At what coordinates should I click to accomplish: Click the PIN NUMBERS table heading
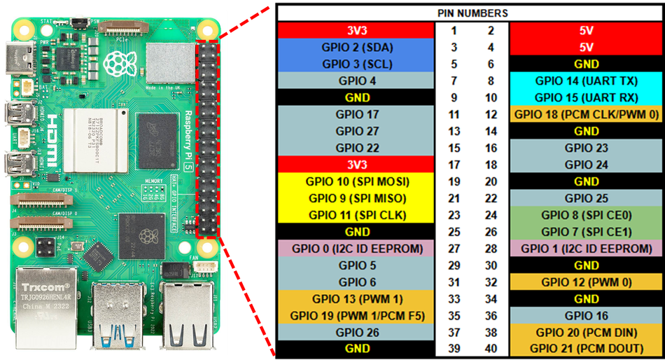pyautogui.click(x=472, y=13)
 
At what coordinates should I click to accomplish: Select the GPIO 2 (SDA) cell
pyautogui.click(x=356, y=47)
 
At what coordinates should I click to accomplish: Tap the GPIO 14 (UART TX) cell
pyautogui.click(x=586, y=81)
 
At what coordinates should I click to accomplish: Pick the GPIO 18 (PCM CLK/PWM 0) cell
pyautogui.click(x=586, y=114)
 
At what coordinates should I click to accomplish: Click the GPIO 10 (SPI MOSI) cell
pyautogui.click(x=356, y=181)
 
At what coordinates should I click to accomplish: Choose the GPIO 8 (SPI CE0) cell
pyautogui.click(x=586, y=215)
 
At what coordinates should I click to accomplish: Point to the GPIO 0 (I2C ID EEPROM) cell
pyautogui.click(x=356, y=249)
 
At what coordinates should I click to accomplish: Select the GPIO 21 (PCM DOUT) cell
pyautogui.click(x=586, y=349)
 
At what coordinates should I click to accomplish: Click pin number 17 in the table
pyautogui.click(x=454, y=165)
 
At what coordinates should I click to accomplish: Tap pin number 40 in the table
pyautogui.click(x=491, y=349)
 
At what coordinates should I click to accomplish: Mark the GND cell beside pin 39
pyautogui.click(x=356, y=349)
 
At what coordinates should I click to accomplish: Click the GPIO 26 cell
pyautogui.click(x=356, y=333)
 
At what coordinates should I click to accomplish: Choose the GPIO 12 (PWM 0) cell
pyautogui.click(x=586, y=282)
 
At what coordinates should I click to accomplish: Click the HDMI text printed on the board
pyautogui.click(x=51, y=141)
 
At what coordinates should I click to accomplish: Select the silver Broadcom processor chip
pyautogui.click(x=96, y=141)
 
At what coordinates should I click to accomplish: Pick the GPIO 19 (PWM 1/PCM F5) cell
pyautogui.click(x=356, y=315)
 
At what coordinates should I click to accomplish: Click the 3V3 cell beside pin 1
pyautogui.click(x=356, y=31)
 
